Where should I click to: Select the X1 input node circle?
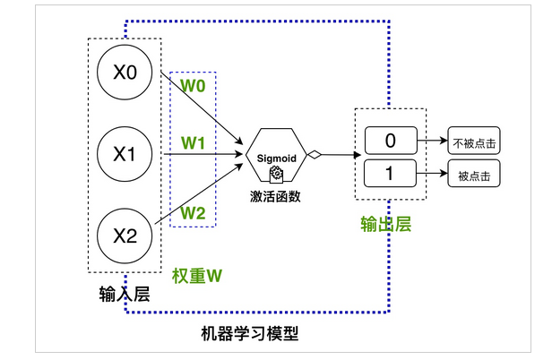pyautogui.click(x=125, y=155)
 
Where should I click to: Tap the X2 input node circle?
pyautogui.click(x=125, y=237)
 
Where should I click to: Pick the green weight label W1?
pyautogui.click(x=194, y=143)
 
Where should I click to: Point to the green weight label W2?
pyautogui.click(x=194, y=212)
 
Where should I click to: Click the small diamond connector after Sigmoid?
pyautogui.click(x=314, y=156)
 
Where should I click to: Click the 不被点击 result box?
pyautogui.click(x=472, y=141)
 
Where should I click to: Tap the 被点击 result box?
pyautogui.click(x=472, y=173)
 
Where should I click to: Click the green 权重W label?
pyautogui.click(x=196, y=277)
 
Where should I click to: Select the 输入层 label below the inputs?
pyautogui.click(x=125, y=293)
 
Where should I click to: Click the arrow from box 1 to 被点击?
pyautogui.click(x=433, y=173)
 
